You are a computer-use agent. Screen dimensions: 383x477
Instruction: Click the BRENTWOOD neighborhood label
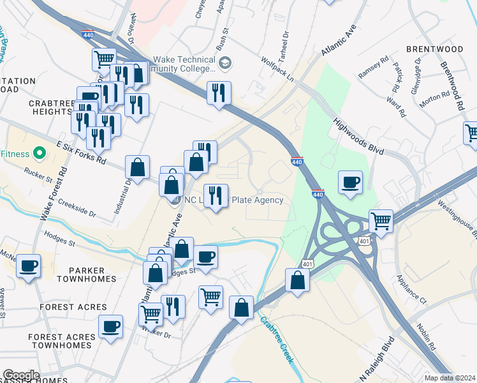point(434,49)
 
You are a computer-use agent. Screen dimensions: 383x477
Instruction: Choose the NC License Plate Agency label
point(233,200)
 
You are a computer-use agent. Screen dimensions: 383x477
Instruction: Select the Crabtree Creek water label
point(277,340)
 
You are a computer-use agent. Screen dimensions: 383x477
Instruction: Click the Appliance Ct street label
point(411,289)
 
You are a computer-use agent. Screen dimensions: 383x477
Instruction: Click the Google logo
point(21,375)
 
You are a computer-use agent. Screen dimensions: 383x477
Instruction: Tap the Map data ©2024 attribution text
point(450,378)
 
